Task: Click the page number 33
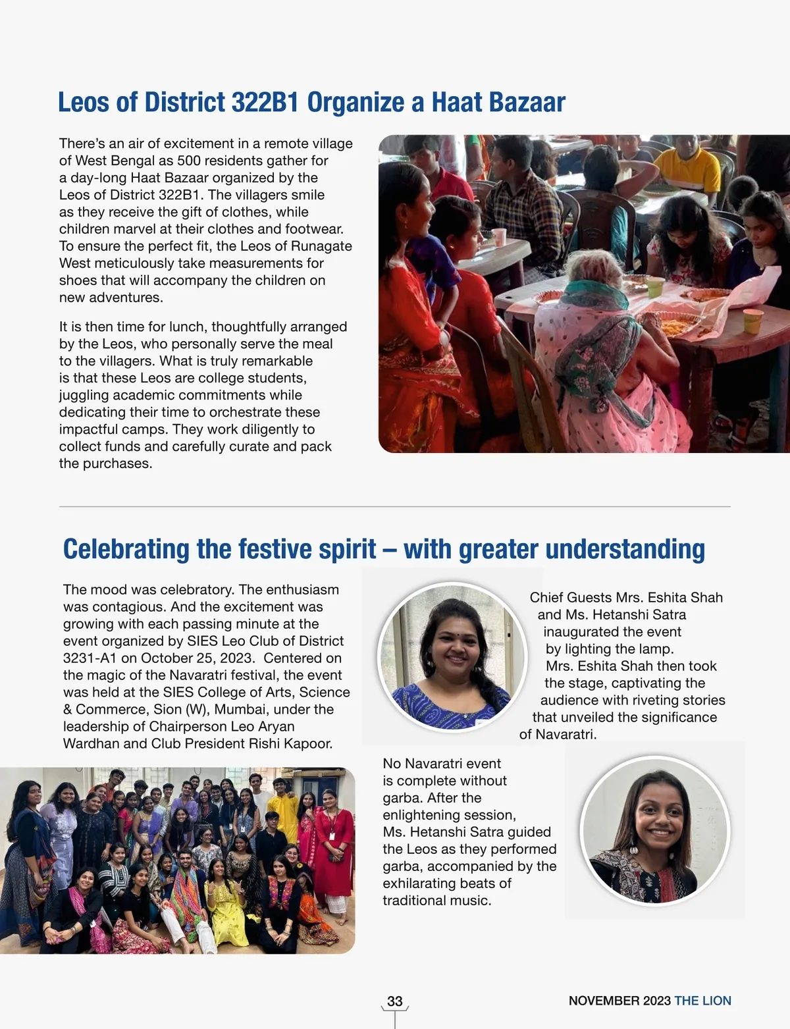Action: [395, 1001]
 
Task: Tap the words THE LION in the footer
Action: [702, 1001]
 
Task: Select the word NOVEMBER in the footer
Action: [604, 1001]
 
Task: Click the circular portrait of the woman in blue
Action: [452, 658]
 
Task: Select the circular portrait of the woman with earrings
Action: [655, 830]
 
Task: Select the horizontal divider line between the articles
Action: [395, 507]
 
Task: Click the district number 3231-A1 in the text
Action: [90, 658]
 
